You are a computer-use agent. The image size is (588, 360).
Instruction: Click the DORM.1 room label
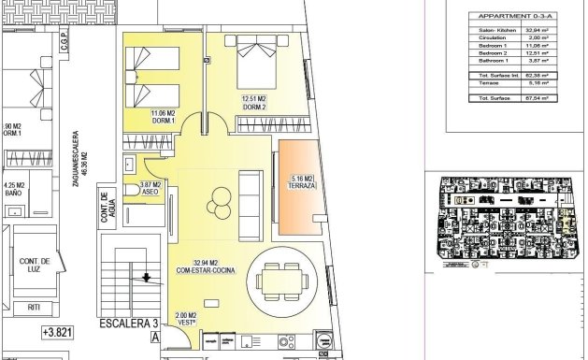click(163, 117)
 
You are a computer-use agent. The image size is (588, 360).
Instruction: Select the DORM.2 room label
click(255, 104)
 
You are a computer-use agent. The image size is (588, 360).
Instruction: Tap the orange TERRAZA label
click(304, 182)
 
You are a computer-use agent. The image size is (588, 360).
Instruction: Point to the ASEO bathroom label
click(151, 190)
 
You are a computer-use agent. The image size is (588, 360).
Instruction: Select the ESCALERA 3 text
click(123, 327)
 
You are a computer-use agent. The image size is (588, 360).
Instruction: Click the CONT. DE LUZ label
click(35, 266)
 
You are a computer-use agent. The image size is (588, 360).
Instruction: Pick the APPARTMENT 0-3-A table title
click(503, 16)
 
